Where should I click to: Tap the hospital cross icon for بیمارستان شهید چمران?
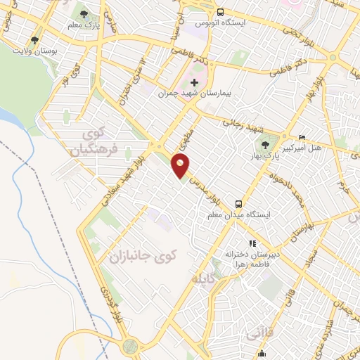coord(195,83)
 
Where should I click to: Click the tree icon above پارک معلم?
coord(84,13)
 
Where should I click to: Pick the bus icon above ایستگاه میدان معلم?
coord(240,202)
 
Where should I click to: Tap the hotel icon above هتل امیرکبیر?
coord(302,137)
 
